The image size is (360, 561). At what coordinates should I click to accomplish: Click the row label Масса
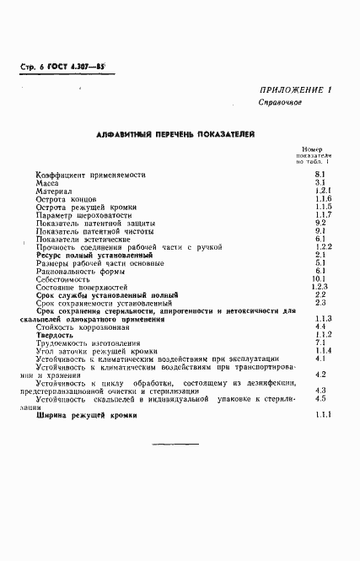point(47,182)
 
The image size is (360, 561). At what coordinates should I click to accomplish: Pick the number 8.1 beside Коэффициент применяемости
point(320,174)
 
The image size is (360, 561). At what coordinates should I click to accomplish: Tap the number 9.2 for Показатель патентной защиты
point(320,222)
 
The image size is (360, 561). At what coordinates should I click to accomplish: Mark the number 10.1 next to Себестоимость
point(320,278)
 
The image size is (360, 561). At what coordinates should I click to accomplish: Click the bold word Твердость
point(56,335)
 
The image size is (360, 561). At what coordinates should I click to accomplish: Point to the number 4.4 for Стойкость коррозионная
point(320,326)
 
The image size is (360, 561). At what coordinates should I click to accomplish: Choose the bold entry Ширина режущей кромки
point(87,415)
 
